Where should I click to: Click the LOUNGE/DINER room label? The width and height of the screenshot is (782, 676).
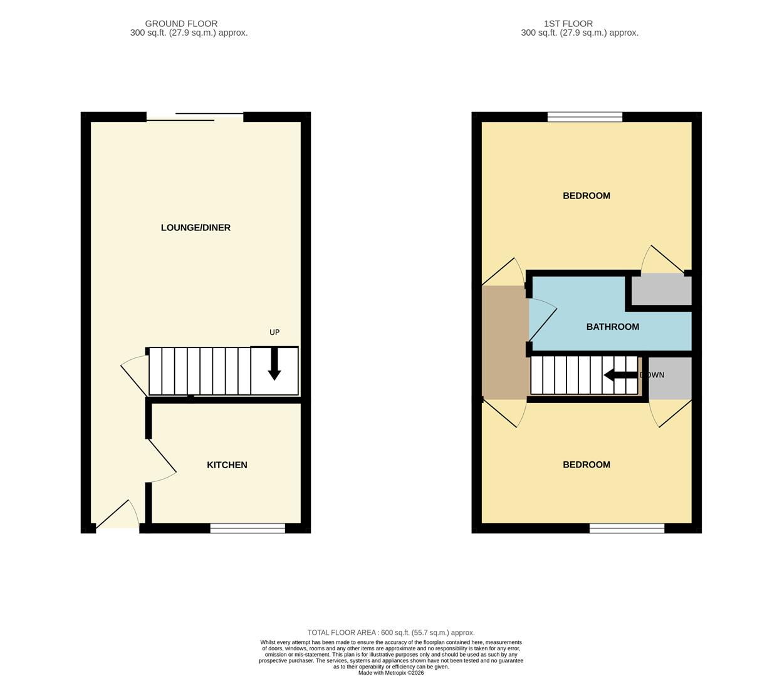(195, 228)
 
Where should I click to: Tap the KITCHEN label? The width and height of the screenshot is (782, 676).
(227, 465)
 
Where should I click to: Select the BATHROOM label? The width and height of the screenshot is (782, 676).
(612, 327)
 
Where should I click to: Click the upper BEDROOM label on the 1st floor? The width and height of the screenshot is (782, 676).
(586, 196)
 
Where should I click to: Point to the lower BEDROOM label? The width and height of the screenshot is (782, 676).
(586, 464)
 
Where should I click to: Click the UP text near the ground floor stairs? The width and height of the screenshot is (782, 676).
(274, 332)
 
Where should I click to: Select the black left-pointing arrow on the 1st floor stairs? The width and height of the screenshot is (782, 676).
(620, 375)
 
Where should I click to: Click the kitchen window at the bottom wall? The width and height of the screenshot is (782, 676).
(248, 528)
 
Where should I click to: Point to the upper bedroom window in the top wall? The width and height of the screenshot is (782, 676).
(585, 116)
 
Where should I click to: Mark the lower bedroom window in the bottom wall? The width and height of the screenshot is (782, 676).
(627, 528)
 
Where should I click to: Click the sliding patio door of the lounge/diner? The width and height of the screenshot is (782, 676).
(195, 116)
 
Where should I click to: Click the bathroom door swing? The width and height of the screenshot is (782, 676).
(541, 315)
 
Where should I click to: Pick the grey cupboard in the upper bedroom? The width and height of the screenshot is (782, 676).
(661, 290)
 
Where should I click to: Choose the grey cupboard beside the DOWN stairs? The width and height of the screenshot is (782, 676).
(670, 378)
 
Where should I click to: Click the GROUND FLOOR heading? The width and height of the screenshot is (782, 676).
(181, 24)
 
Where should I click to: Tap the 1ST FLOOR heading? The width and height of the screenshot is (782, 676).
(568, 24)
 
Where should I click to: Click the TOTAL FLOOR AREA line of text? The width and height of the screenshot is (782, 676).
(390, 633)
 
